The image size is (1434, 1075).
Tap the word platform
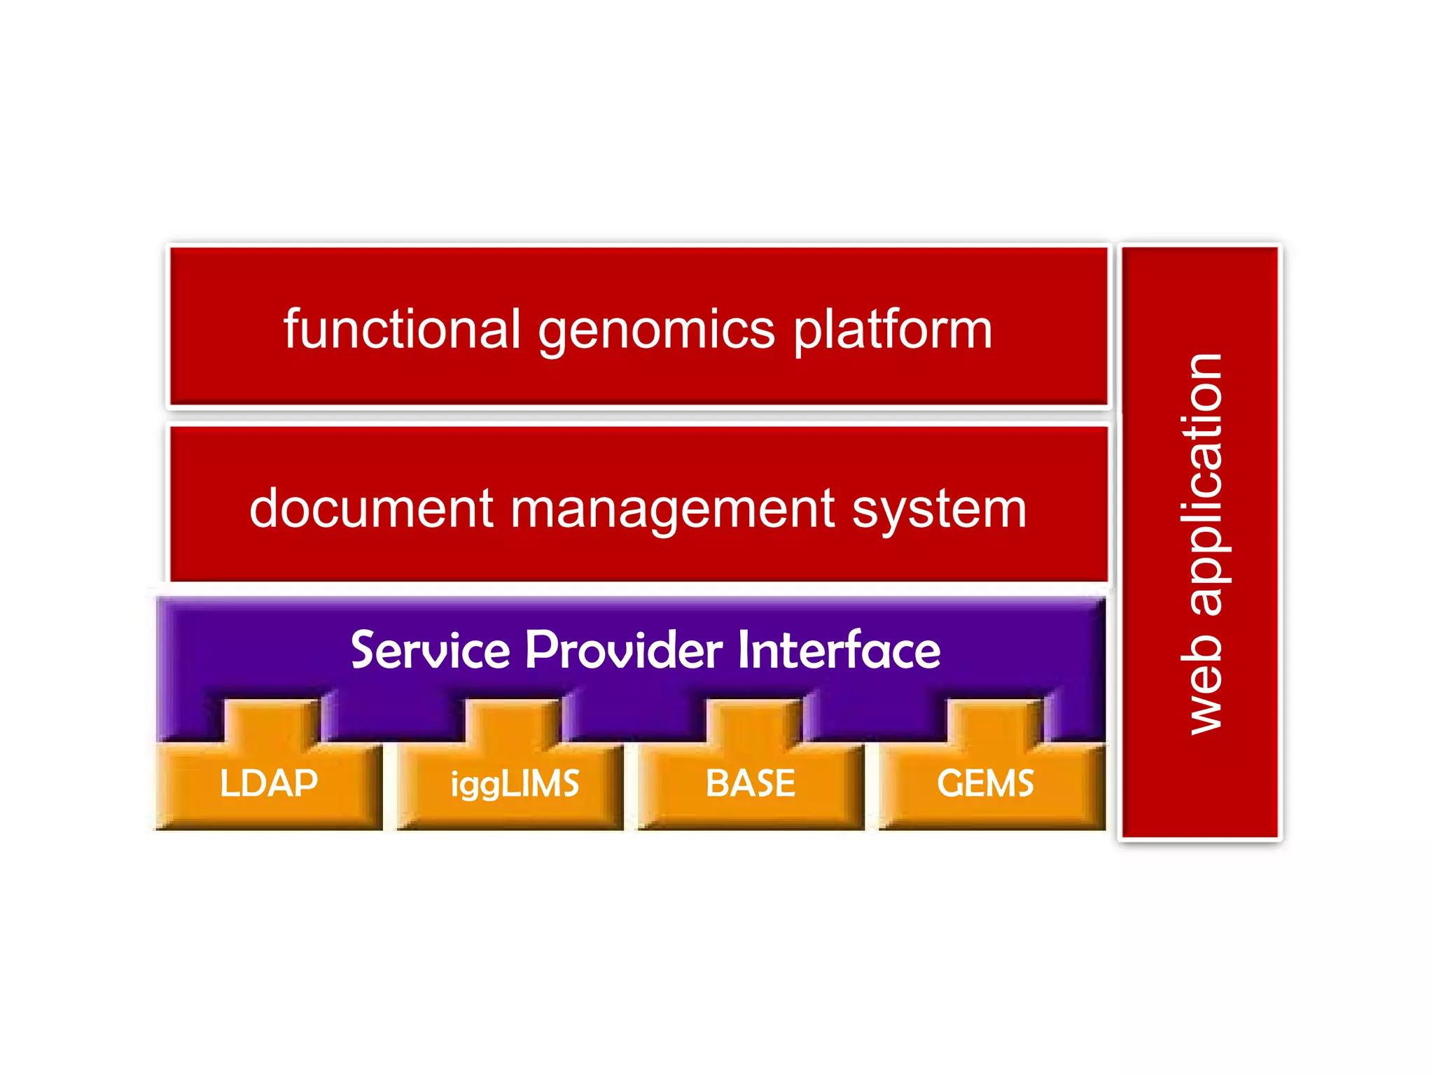[893, 330]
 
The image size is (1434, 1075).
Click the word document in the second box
[371, 509]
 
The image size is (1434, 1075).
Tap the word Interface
[839, 650]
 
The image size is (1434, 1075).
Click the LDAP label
[269, 783]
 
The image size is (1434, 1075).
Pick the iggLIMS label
[515, 785]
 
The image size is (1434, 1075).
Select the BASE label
[751, 783]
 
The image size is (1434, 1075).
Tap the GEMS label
[985, 783]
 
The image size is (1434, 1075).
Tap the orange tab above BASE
[753, 721]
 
